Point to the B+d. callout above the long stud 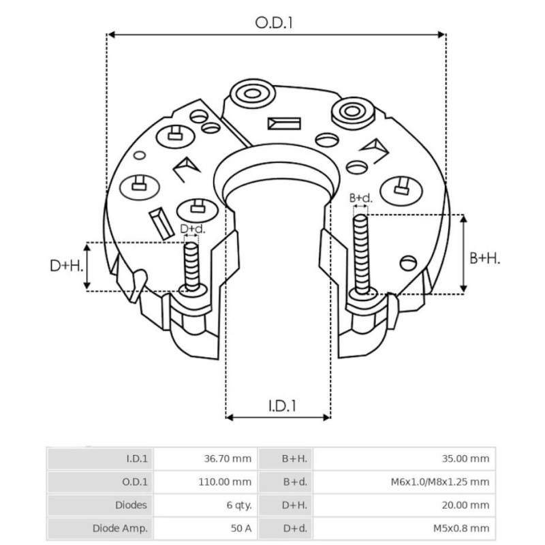point(360,198)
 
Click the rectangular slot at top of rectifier point(284,124)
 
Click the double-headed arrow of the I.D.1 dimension point(278,416)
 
